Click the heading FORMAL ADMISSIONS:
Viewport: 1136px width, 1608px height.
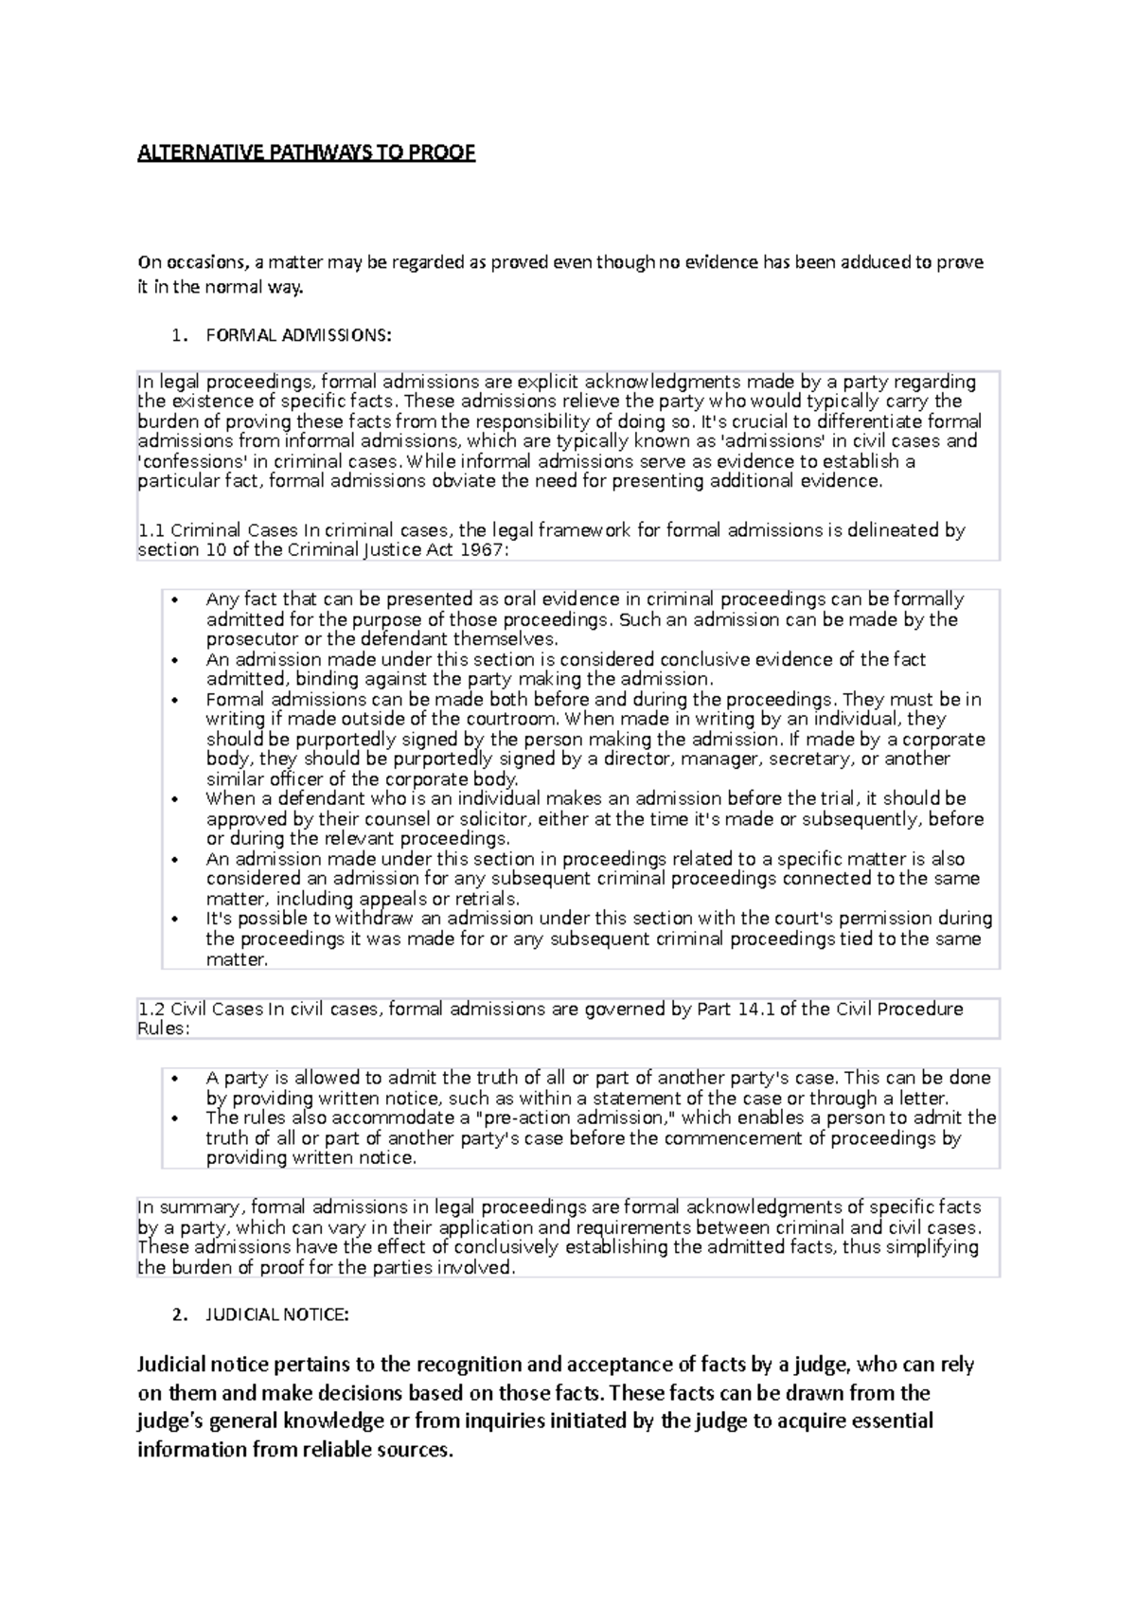tap(297, 335)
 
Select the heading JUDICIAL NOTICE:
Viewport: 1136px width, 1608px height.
tap(277, 1314)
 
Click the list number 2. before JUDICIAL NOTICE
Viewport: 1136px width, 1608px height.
tap(180, 1314)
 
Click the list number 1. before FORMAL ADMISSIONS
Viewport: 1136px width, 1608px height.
tap(180, 335)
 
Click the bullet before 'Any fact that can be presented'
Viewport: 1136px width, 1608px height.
tap(175, 599)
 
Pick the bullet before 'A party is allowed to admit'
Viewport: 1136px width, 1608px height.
tap(175, 1078)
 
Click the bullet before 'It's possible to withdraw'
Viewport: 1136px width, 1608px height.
tap(175, 919)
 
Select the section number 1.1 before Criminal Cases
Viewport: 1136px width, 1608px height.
tap(151, 530)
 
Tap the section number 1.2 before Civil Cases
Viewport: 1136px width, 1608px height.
tap(151, 1009)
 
